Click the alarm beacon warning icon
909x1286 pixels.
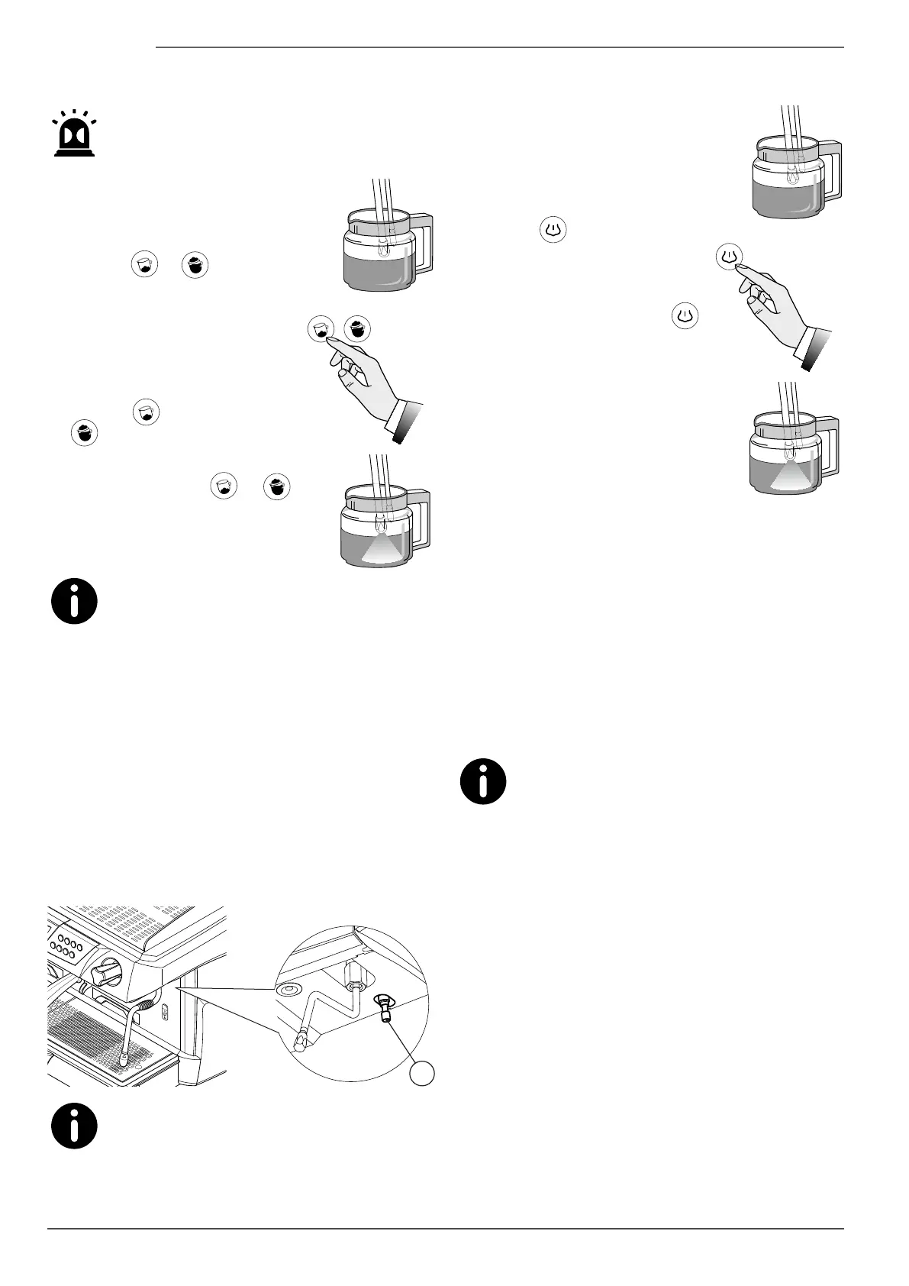(x=74, y=135)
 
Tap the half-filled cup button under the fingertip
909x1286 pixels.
(x=321, y=329)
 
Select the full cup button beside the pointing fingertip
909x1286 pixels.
(x=358, y=329)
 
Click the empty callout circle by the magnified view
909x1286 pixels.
(x=421, y=1072)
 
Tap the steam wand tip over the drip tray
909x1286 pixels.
(x=123, y=1060)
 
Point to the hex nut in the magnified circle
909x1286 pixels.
(x=353, y=974)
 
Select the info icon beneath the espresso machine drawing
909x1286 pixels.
(x=74, y=1126)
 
